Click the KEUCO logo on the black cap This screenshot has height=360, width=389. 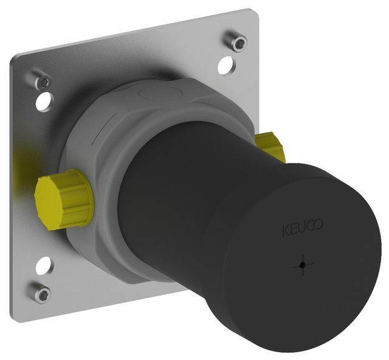[302, 229]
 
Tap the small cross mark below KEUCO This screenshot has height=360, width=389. [302, 265]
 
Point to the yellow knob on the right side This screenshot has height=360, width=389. [269, 146]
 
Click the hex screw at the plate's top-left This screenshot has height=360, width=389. [42, 80]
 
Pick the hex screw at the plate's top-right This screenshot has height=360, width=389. [237, 42]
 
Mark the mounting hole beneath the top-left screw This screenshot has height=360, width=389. [44, 101]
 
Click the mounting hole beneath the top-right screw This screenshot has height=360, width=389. [226, 65]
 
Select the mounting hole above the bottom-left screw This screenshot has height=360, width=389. [44, 265]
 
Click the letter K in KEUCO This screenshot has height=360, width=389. [284, 230]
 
